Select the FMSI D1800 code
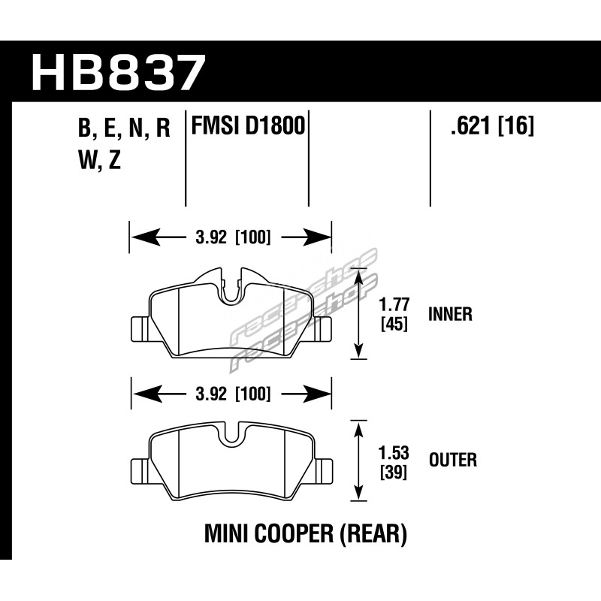[x=248, y=125]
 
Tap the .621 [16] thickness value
[x=492, y=125]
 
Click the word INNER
[x=450, y=314]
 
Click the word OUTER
[x=453, y=460]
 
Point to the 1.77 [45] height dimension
[x=394, y=314]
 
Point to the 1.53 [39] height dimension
[x=394, y=462]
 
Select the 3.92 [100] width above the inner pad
[x=233, y=237]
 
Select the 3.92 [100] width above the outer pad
[x=233, y=394]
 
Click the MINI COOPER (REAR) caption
[x=306, y=534]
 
